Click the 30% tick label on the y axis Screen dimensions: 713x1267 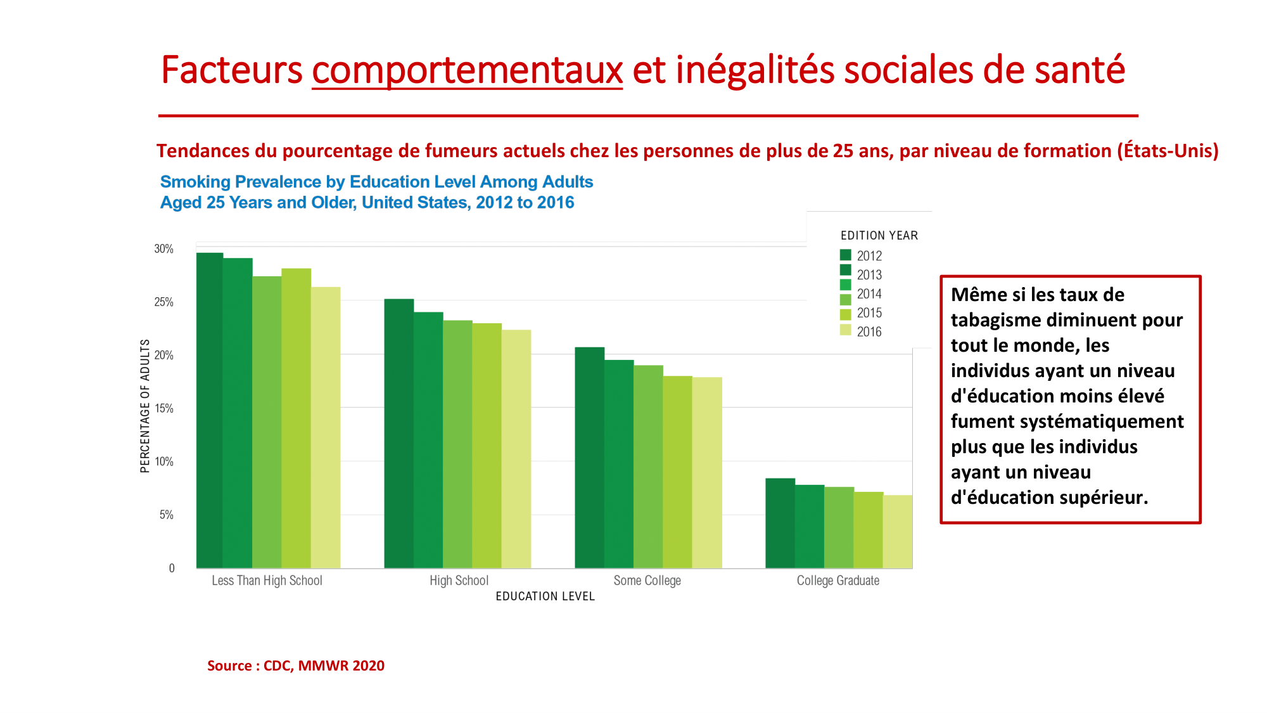tap(163, 249)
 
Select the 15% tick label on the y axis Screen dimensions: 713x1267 tap(163, 409)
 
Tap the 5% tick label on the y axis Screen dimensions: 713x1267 tap(166, 515)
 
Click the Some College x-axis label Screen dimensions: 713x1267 tap(647, 581)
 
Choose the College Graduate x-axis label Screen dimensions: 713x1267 tap(837, 581)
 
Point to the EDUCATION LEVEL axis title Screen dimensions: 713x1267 tap(545, 596)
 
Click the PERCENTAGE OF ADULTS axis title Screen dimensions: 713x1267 tap(145, 406)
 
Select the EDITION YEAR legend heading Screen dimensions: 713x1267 tap(879, 236)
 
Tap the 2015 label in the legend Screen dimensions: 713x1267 tap(869, 313)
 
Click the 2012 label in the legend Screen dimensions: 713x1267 tap(869, 256)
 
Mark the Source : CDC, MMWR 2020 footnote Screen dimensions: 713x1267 tap(296, 665)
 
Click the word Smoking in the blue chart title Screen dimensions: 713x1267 tap(195, 182)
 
